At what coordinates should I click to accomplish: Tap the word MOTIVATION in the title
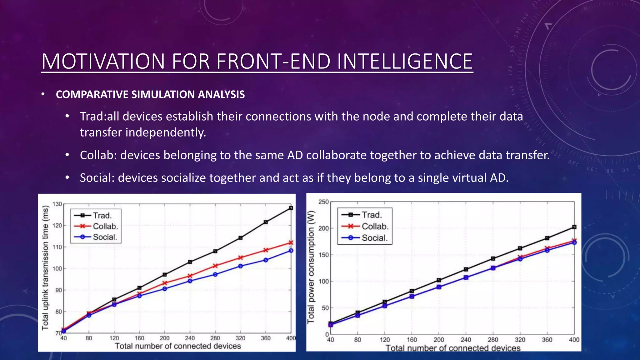pos(103,61)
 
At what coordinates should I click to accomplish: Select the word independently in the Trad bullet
pos(166,132)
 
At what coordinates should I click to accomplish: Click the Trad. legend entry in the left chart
pos(102,215)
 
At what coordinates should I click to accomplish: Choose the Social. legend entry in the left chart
pos(105,237)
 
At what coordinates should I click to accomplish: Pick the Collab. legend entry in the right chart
pos(375,226)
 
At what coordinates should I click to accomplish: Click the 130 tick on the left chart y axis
pos(57,204)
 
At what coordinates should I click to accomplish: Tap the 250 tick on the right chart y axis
pos(323,202)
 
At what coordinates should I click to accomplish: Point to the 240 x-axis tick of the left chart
pos(190,338)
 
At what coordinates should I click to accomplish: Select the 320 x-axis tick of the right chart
pos(520,340)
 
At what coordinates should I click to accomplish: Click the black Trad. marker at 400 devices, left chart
pos(291,208)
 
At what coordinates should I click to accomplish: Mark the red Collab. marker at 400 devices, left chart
pos(291,242)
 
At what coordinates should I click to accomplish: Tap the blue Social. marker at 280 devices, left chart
pos(215,274)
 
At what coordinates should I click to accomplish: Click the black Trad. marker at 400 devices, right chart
pos(574,227)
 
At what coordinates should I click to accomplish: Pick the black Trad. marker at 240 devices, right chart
pos(466,269)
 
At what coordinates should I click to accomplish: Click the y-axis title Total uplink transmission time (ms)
pos(46,267)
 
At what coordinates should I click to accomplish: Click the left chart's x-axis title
pos(178,346)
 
